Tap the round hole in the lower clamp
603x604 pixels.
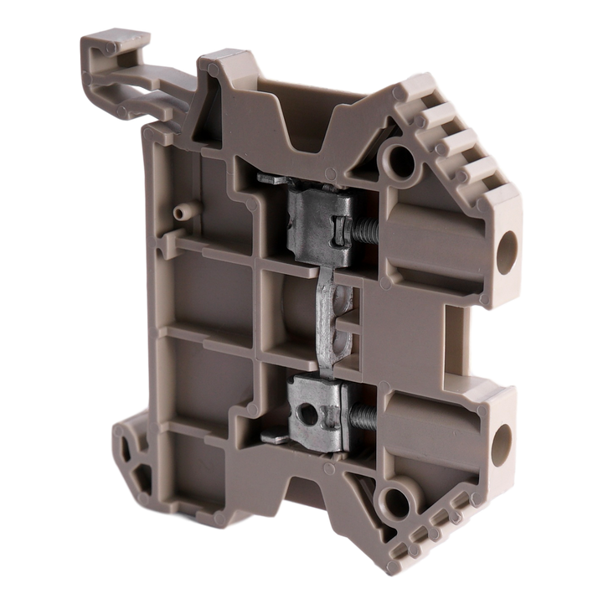pyautogui.click(x=310, y=413)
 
